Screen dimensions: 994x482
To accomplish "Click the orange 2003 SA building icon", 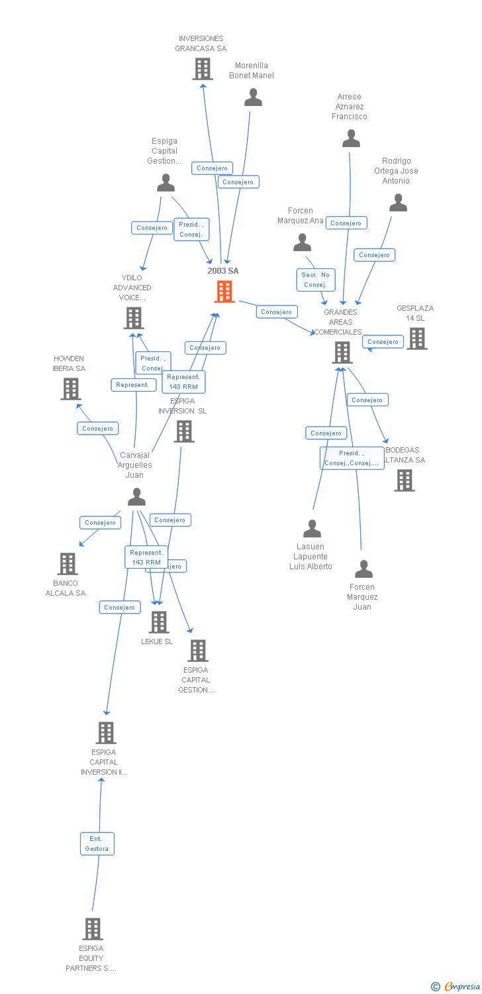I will (224, 292).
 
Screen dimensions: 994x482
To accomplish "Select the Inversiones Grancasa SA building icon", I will (202, 69).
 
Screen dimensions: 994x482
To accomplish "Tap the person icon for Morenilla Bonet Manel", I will (253, 97).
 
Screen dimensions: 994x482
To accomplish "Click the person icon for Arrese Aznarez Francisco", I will (351, 138).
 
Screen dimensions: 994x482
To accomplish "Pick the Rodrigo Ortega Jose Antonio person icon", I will (398, 203).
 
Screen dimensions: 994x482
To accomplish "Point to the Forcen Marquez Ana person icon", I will (302, 243).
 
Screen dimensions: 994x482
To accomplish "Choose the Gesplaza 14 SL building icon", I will (416, 339).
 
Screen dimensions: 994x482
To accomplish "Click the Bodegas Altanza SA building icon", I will (405, 480).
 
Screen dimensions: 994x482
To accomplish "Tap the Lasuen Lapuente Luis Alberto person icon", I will (312, 528).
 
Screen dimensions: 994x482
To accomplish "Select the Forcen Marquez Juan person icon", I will (363, 569).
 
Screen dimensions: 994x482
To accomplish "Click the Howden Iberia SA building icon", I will (71, 389).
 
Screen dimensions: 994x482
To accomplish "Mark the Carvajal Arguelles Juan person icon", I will (136, 496).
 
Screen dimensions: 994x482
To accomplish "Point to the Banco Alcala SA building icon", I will (68, 564).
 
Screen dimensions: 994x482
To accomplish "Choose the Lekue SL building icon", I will (158, 622).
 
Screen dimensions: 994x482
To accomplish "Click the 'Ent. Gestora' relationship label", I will (97, 844).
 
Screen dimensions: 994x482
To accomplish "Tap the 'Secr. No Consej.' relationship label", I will (316, 280).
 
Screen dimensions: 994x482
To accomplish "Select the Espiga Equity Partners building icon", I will (93, 929).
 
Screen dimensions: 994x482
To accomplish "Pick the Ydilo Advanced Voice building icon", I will (134, 318).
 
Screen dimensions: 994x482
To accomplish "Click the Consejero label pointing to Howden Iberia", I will (98, 429).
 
